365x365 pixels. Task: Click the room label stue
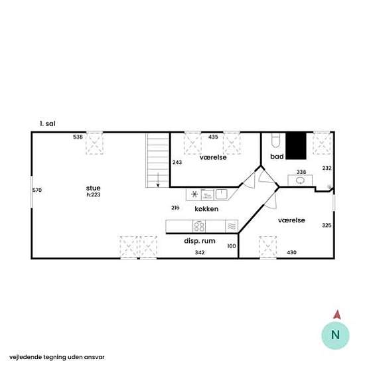coord(93,188)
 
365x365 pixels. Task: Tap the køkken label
coord(206,209)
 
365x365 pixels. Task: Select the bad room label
coord(277,157)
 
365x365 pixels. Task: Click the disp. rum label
coord(200,241)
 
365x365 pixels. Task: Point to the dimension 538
coord(78,137)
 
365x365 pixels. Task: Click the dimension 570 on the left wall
coord(37,190)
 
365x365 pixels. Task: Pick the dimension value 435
coord(213,137)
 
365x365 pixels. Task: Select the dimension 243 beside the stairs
coord(177,162)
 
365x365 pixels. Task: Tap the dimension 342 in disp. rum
coord(200,252)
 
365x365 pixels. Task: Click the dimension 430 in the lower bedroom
coord(291,252)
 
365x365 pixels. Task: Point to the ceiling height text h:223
coord(94,194)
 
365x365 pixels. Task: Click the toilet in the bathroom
coord(275,141)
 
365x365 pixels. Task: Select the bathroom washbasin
coord(300,181)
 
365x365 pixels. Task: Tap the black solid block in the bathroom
coord(296,146)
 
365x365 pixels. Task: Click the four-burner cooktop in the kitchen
coord(199,226)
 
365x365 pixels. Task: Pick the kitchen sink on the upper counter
coord(221,194)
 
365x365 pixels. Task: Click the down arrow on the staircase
coord(158,180)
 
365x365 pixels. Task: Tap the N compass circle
coord(335,335)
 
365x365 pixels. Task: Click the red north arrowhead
coord(337,315)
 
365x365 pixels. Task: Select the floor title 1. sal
coord(48,123)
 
